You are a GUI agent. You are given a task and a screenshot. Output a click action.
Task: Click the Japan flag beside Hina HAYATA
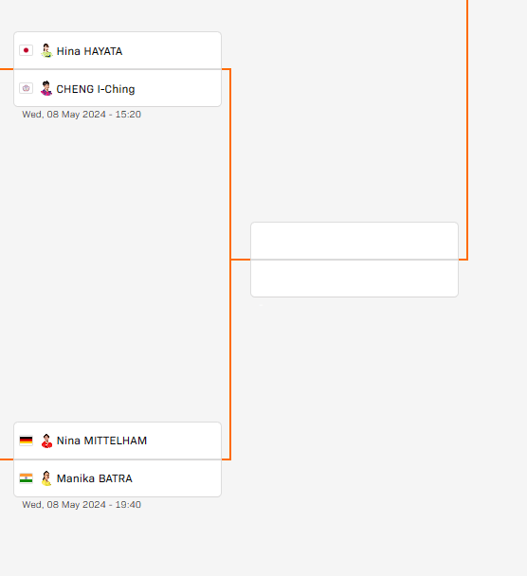[x=27, y=50]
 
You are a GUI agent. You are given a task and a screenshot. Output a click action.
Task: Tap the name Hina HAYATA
[x=89, y=51]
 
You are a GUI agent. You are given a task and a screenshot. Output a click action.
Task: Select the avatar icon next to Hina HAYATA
[x=46, y=51]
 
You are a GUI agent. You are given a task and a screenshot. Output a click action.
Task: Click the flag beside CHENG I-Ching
[x=27, y=88]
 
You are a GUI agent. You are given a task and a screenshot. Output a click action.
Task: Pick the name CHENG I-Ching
[x=96, y=89]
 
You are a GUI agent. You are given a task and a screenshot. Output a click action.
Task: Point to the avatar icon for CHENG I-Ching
[x=46, y=88]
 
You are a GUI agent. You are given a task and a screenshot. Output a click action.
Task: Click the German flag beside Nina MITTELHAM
[x=27, y=441]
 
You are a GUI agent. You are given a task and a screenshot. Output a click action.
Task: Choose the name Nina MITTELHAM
[x=101, y=441]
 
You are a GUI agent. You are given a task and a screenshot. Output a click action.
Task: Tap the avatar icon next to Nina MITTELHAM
[x=46, y=441]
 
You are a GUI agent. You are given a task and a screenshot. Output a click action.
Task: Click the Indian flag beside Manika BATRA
[x=27, y=477]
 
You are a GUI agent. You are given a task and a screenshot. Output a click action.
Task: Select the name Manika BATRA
[x=95, y=478]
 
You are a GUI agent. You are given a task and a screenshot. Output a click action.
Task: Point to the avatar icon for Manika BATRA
[x=46, y=478]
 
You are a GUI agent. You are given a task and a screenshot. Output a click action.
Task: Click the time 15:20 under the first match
[x=128, y=115]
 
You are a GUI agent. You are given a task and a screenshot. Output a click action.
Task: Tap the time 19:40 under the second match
[x=128, y=504]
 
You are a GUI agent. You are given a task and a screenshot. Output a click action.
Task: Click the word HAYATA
[x=103, y=51]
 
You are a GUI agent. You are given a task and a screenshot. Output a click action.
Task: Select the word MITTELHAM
[x=116, y=441]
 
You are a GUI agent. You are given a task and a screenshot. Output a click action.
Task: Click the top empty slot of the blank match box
[x=354, y=241]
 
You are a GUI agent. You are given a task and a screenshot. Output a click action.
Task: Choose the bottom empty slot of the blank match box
[x=354, y=279]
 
